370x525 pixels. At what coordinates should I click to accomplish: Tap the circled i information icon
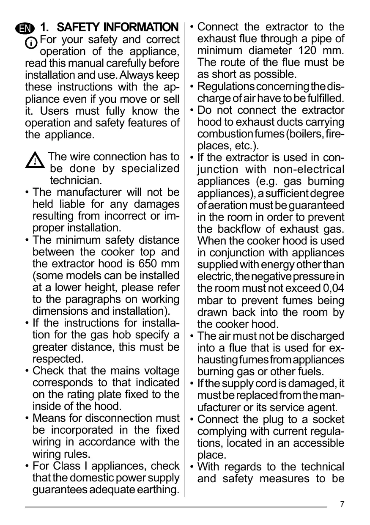tap(31, 43)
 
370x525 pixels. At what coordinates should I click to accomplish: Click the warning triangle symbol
tap(36, 161)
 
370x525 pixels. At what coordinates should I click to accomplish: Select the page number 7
tap(342, 504)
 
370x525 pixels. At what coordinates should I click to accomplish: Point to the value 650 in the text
tap(148, 264)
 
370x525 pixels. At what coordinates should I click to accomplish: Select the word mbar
tap(211, 301)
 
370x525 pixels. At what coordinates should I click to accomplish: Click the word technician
tap(76, 181)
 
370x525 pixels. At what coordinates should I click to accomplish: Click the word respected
tap(58, 359)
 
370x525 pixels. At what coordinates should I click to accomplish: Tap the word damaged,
tap(310, 384)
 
